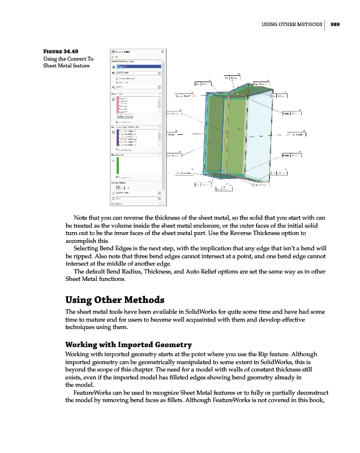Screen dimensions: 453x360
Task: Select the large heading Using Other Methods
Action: [115, 300]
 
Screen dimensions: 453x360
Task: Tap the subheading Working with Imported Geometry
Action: [128, 344]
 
